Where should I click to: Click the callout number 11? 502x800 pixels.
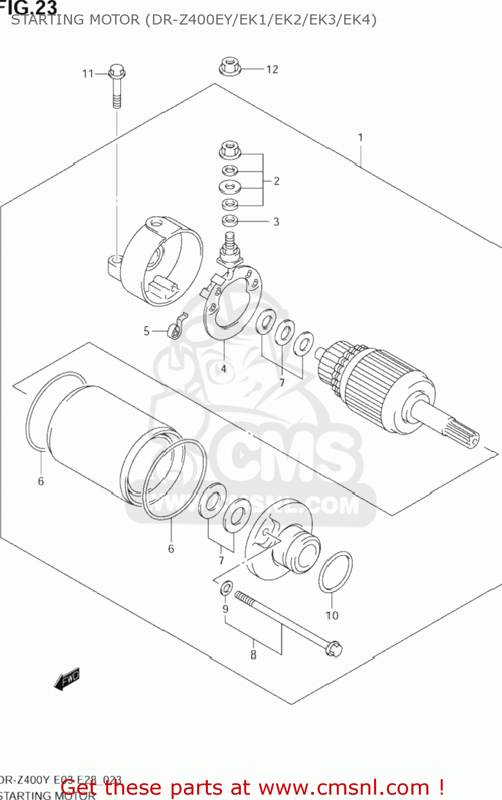coord(88,74)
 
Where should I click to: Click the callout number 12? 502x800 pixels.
coord(272,69)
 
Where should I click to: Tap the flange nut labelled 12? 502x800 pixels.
coord(230,67)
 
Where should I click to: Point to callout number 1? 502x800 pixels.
coord(360,138)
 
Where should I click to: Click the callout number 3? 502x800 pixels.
coord(276,221)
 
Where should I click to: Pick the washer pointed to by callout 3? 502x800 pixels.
coord(230,220)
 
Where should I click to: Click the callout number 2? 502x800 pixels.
coord(277,181)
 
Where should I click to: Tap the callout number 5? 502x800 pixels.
coord(146,331)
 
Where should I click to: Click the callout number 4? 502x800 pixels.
coord(224,369)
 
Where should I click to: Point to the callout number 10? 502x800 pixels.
coord(332,615)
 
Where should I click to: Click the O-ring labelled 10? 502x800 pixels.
coord(335,572)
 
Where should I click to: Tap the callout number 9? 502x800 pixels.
coord(225,609)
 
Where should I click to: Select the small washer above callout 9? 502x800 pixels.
coord(226,588)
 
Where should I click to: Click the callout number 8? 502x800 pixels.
coord(253,654)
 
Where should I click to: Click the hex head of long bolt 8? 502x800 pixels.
coord(334,649)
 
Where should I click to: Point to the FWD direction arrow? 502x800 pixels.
coord(67,680)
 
